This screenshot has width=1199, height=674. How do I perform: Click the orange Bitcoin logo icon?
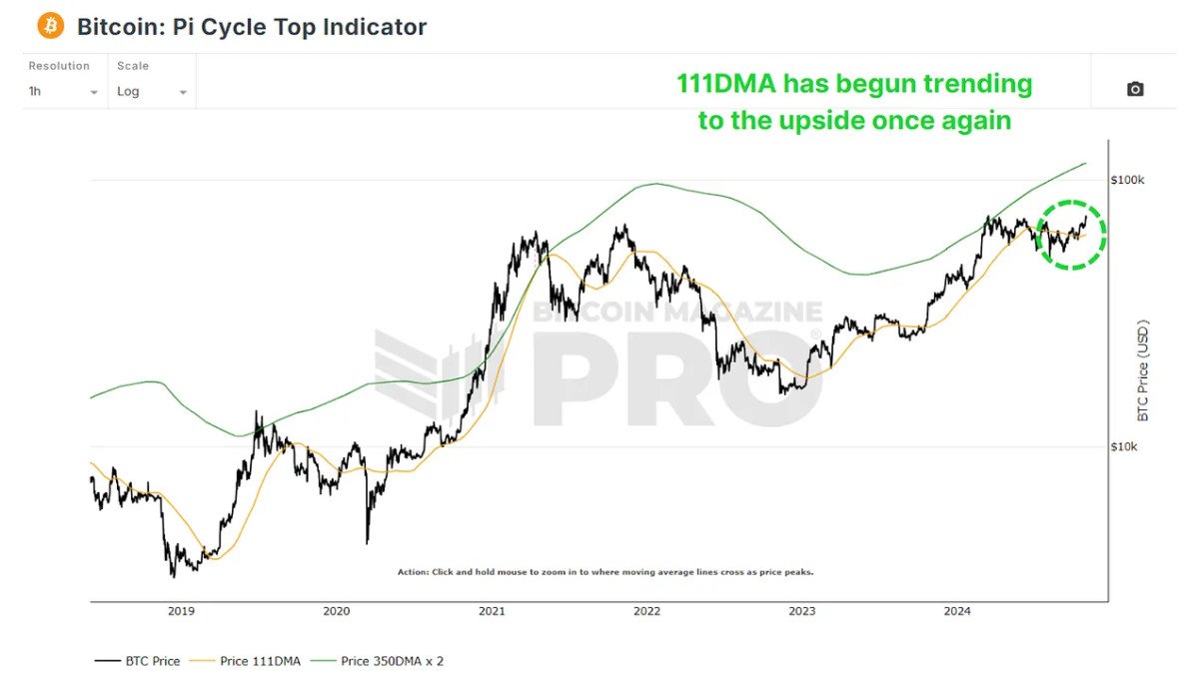(50, 26)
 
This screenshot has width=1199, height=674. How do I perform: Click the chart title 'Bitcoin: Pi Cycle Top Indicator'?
(252, 27)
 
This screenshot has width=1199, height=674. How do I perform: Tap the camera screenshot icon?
(1135, 89)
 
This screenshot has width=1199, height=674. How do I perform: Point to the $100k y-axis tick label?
(1127, 180)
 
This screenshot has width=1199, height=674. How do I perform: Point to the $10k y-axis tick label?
(1124, 446)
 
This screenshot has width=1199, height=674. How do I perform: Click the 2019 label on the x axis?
(181, 611)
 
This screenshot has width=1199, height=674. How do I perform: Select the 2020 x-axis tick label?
(337, 611)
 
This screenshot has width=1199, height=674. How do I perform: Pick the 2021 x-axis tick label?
(491, 611)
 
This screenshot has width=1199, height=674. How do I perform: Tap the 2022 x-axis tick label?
(646, 611)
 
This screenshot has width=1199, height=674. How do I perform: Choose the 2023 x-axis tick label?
(801, 611)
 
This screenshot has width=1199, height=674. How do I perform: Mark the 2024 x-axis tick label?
(956, 611)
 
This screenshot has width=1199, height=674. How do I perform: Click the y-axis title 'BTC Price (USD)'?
(1144, 369)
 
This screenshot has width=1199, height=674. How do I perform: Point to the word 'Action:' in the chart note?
(413, 573)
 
